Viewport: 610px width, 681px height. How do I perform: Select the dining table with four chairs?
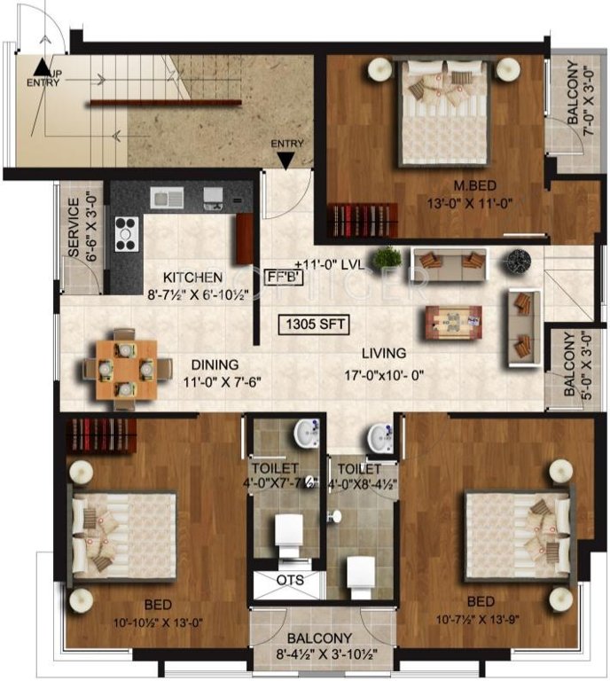pos(121,368)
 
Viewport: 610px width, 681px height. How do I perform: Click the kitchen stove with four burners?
pos(126,232)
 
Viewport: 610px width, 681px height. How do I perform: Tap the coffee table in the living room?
pos(453,321)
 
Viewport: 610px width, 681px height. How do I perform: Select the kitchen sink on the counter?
pos(165,196)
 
